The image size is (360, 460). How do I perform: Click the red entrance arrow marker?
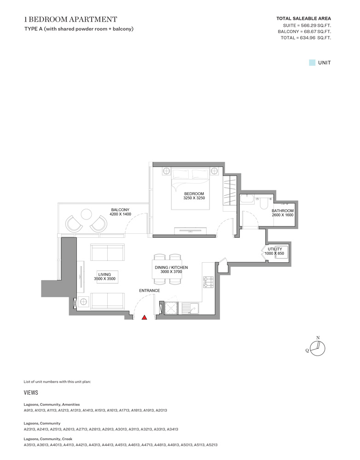point(144,317)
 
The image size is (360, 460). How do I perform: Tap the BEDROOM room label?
point(194,194)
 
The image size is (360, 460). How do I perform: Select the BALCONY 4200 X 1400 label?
point(121,212)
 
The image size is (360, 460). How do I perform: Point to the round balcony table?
point(86,214)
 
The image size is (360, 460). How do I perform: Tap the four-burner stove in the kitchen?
point(208,282)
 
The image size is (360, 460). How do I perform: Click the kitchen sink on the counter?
point(190,308)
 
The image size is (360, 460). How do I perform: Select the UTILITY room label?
point(275,249)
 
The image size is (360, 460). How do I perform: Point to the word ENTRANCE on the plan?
point(149,291)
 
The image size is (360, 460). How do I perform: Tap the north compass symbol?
point(317,348)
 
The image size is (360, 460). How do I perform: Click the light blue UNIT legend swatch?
point(312,63)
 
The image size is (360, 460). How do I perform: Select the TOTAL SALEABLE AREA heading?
point(303,18)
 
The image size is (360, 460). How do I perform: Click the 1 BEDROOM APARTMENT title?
point(70,19)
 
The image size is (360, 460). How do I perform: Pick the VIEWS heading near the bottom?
point(31,393)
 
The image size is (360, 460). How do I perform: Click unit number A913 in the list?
point(29,410)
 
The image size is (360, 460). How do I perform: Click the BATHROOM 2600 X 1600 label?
point(282,213)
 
